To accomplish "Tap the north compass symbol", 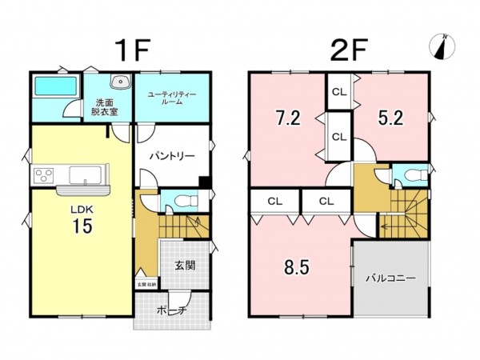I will point(442,47).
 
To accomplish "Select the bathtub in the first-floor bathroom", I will point(54,86).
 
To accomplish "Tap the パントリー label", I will point(171,157).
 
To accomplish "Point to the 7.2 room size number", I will point(287,118).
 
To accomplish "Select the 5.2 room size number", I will point(390,118).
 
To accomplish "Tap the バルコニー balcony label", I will point(390,279).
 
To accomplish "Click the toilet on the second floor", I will point(411,175).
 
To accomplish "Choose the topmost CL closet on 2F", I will point(338,92).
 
